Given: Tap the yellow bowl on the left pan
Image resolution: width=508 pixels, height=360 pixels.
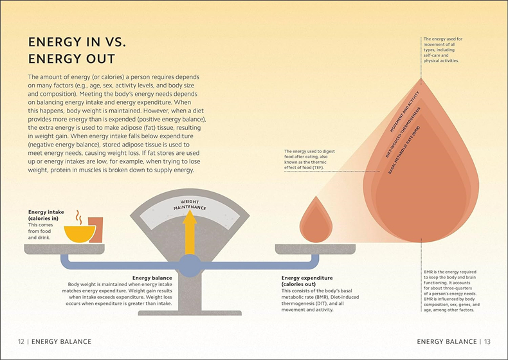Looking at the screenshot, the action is click(x=80, y=234).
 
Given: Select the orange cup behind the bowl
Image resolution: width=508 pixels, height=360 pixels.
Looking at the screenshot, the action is click(x=96, y=230).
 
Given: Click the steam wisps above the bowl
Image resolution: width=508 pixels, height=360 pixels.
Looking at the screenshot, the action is click(x=78, y=217).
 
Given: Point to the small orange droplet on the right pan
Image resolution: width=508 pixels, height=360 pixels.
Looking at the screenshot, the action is click(x=316, y=220).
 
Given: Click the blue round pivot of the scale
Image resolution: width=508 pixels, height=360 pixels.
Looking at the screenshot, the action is click(x=190, y=265).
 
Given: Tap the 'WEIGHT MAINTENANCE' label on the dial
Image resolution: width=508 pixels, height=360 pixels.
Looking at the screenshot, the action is click(x=190, y=205).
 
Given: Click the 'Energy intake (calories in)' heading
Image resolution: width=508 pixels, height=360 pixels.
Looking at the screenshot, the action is click(x=46, y=215).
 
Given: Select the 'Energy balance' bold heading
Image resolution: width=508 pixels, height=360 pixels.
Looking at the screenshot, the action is click(x=152, y=278).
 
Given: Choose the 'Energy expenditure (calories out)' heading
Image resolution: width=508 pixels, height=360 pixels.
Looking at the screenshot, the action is click(x=307, y=281).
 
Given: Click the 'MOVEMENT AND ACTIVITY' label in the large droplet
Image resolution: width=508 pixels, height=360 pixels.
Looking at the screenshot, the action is click(x=404, y=111).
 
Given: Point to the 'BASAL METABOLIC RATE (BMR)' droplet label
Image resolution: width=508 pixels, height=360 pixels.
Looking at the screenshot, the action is click(x=404, y=150).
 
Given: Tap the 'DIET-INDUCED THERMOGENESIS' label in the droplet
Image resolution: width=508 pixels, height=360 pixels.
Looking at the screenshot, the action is click(x=403, y=132).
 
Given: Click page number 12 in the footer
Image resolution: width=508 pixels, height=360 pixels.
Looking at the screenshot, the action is click(x=21, y=341).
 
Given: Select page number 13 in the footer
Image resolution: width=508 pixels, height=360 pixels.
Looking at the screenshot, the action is click(x=487, y=341).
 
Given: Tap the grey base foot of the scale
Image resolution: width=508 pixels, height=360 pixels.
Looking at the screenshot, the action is click(x=190, y=313).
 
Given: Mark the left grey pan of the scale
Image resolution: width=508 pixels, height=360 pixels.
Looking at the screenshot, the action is click(x=64, y=249).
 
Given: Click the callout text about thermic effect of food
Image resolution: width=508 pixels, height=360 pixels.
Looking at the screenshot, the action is click(x=309, y=159).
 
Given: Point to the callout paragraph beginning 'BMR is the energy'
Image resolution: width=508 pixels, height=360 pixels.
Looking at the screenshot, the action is click(x=451, y=291).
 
